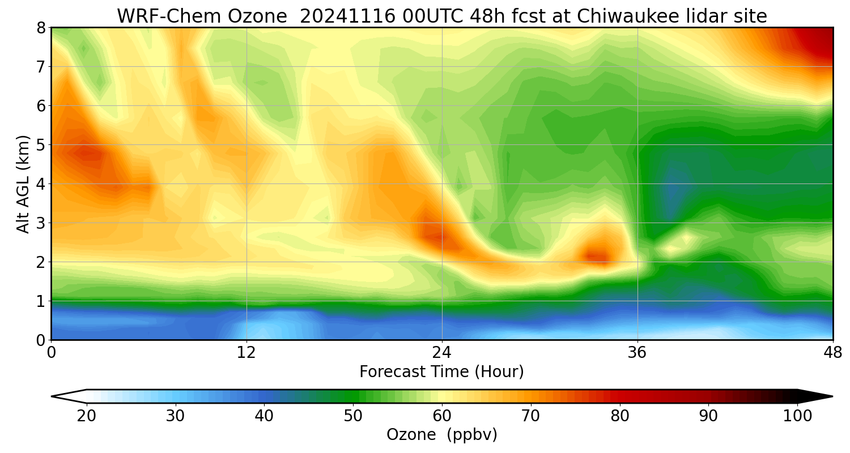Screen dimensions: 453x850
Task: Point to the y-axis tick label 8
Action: [x=41, y=28]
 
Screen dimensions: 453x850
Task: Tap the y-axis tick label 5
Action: [x=41, y=145]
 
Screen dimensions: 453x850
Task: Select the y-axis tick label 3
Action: [x=41, y=223]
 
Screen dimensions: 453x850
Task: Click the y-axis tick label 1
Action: [x=41, y=301]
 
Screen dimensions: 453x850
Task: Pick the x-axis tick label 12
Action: [x=246, y=352]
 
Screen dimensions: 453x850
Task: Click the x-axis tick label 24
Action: [x=442, y=352]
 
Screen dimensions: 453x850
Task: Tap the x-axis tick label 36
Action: [x=637, y=352]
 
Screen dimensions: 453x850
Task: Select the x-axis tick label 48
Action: [x=832, y=352]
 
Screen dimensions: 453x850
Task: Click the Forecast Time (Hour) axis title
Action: [x=441, y=372]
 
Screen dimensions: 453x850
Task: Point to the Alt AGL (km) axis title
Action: [x=23, y=183]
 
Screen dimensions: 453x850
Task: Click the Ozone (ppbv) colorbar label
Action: [x=441, y=435]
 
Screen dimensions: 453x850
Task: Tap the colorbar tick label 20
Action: [x=87, y=416]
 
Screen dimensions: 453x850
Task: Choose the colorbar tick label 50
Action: [x=353, y=416]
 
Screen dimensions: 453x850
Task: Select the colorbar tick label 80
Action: [x=620, y=416]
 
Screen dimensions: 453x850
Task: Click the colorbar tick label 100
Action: [x=797, y=416]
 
